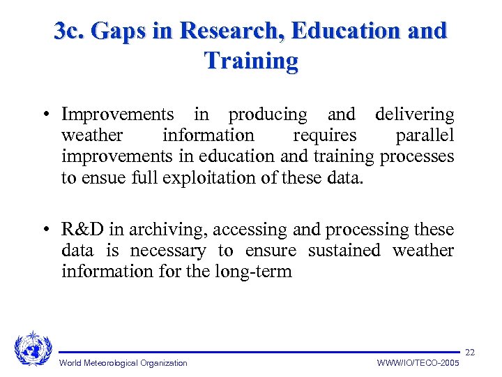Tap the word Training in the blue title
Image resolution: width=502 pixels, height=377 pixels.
251,61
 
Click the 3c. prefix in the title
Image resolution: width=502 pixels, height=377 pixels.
70,31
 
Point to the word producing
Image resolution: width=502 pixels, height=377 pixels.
267,114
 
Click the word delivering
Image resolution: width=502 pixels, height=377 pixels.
414,114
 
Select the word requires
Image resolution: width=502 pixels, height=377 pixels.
324,135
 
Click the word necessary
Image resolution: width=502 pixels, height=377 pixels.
168,251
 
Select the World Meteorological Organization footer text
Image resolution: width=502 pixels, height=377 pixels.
123,362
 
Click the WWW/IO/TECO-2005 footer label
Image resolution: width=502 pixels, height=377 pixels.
418,362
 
